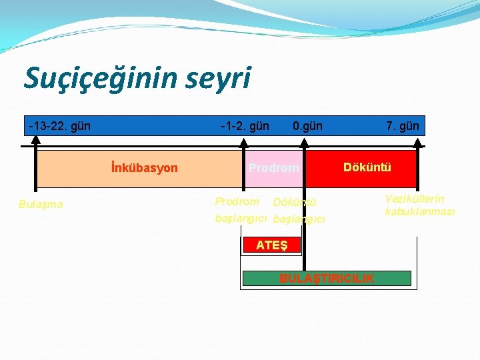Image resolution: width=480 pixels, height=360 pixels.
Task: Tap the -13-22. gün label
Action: pyautogui.click(x=60, y=125)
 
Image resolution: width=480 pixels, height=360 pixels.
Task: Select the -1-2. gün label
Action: pyautogui.click(x=245, y=125)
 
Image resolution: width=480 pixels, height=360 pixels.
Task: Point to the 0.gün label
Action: pyautogui.click(x=307, y=125)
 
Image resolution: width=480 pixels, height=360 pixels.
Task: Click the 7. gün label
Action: pyautogui.click(x=402, y=125)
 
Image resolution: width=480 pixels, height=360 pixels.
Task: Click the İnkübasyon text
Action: pyautogui.click(x=145, y=167)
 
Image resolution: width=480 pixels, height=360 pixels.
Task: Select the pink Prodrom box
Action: pyautogui.click(x=273, y=168)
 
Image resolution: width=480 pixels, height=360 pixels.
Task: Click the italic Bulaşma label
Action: pyautogui.click(x=41, y=204)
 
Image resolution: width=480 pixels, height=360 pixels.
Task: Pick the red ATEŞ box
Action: pyautogui.click(x=272, y=245)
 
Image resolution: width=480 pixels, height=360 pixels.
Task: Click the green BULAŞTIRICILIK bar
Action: pyautogui.click(x=327, y=278)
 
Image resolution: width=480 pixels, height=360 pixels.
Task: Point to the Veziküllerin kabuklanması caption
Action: pyautogui.click(x=420, y=205)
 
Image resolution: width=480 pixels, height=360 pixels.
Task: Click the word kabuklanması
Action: pyautogui.click(x=420, y=212)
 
